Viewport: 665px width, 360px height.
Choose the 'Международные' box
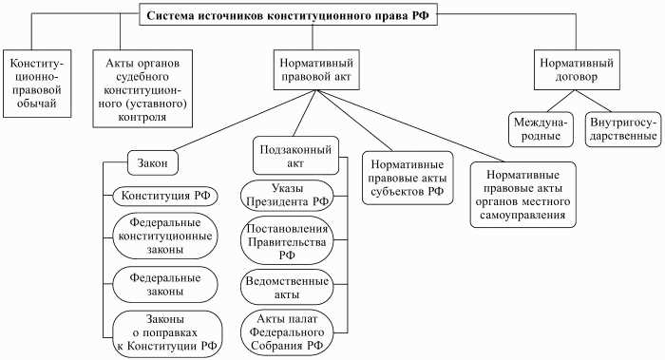tap(539, 130)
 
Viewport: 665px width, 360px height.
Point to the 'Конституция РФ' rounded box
tap(165, 198)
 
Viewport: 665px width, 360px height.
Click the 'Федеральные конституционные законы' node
tap(165, 237)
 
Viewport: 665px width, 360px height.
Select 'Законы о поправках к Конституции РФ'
tap(165, 332)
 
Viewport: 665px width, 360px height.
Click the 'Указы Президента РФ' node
tap(287, 195)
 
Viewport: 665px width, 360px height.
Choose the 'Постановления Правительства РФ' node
tap(287, 240)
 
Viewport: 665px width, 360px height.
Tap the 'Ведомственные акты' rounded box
tap(287, 288)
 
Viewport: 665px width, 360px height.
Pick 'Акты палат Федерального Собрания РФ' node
tap(287, 332)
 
